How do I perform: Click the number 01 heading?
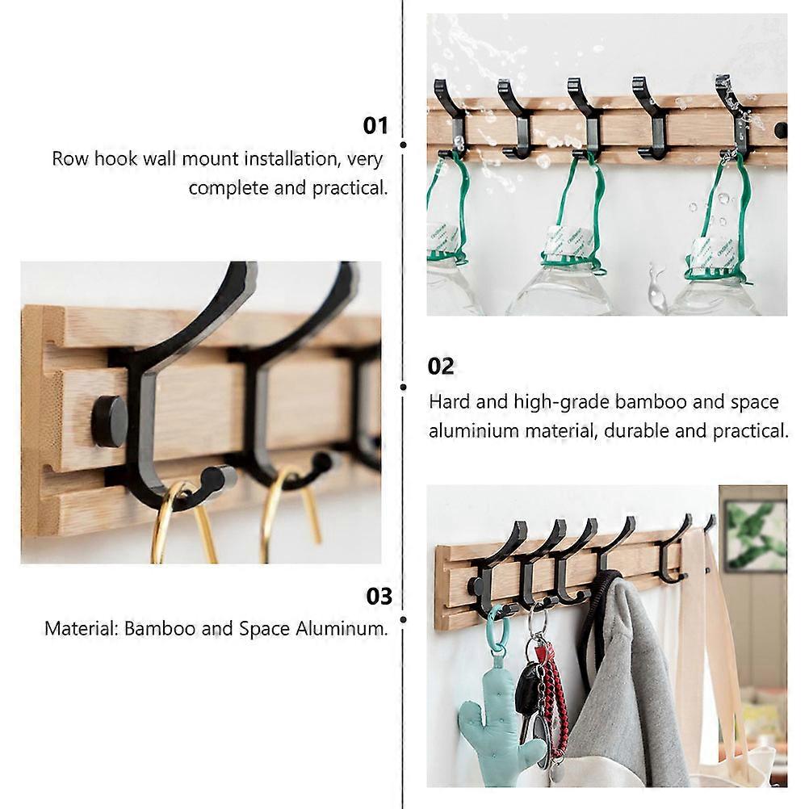click(375, 125)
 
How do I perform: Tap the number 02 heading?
click(441, 367)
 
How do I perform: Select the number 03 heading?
click(379, 597)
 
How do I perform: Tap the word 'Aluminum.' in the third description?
click(342, 628)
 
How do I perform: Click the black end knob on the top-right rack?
click(781, 128)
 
